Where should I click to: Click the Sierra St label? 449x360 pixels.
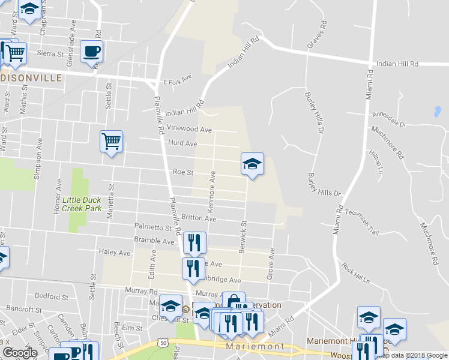[51, 53]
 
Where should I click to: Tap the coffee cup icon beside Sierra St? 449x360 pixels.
[91, 52]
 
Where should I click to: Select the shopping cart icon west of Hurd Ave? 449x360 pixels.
[111, 142]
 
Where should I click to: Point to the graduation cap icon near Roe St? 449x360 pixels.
[252, 164]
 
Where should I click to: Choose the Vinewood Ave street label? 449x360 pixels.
[190, 129]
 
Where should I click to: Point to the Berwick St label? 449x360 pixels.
[244, 236]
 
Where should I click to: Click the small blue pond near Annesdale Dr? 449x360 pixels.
[436, 112]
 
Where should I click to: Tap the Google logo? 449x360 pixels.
[20, 352]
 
